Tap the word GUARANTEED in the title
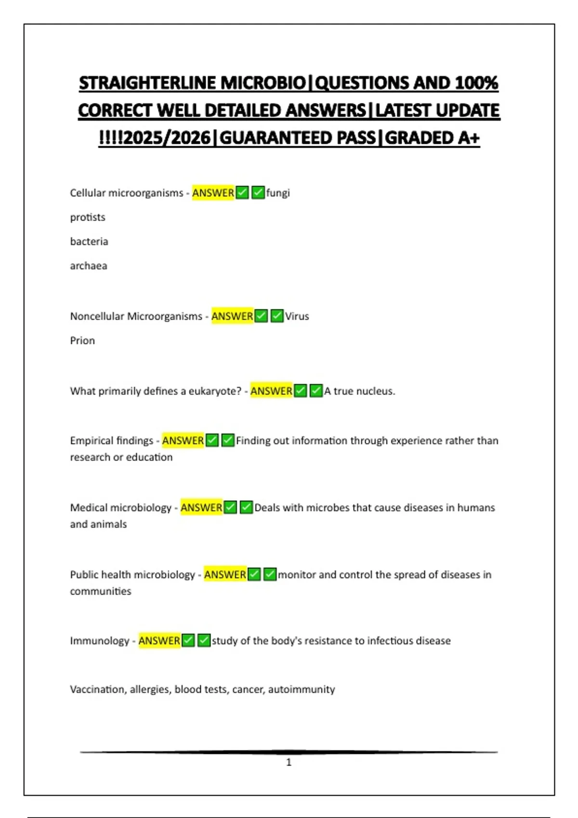[x=297, y=138]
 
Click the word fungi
[x=278, y=193]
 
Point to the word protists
[x=88, y=217]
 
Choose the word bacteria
[x=89, y=242]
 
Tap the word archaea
[x=89, y=266]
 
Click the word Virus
[x=297, y=317]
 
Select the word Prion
[x=82, y=341]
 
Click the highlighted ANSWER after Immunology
[x=159, y=641]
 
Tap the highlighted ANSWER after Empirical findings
[x=183, y=441]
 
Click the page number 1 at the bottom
[x=289, y=762]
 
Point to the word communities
[x=100, y=591]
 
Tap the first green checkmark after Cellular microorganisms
[x=242, y=193]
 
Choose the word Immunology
[x=99, y=641]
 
